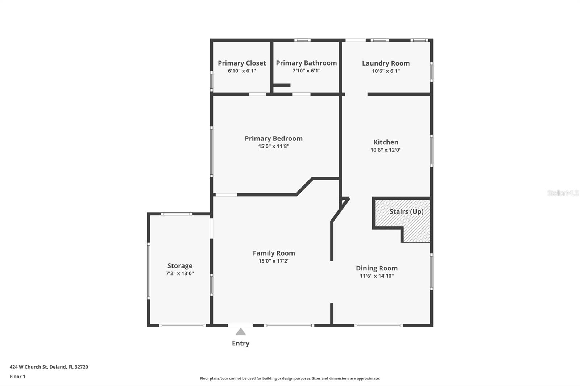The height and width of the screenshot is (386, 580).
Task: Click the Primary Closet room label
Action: (242, 63)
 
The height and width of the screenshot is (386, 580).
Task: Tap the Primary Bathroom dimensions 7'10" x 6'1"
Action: (306, 71)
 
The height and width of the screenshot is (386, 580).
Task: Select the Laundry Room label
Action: (386, 63)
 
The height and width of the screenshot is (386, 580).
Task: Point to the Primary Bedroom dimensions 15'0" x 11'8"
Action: (274, 146)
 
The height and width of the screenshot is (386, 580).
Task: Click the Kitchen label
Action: (386, 142)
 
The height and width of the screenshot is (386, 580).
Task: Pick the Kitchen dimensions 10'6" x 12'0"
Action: (386, 150)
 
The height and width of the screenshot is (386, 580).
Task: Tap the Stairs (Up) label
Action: (406, 211)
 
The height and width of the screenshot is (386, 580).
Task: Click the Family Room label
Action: (274, 253)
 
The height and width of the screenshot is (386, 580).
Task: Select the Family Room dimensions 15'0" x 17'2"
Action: (274, 261)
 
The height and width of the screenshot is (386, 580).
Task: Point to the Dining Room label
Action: (377, 268)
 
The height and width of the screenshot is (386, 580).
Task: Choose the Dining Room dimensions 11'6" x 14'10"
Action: (377, 276)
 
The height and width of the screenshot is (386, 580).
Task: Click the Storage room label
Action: (180, 266)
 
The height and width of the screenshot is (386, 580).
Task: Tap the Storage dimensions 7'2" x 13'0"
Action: (180, 273)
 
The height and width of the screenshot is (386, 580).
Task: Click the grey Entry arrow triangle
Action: (241, 332)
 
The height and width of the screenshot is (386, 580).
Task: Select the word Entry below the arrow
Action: (241, 343)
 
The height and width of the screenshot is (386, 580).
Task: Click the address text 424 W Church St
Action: (29, 367)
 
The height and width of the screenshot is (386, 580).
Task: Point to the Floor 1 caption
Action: (18, 377)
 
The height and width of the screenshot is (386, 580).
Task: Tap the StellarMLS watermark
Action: (563, 193)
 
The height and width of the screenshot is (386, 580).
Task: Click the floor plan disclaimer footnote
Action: (290, 378)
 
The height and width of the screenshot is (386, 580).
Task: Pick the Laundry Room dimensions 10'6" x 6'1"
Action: (386, 71)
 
